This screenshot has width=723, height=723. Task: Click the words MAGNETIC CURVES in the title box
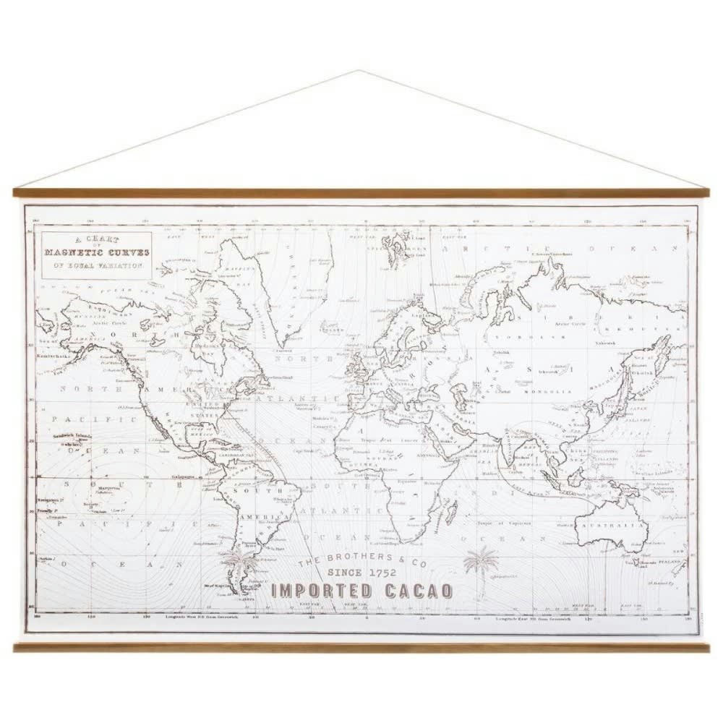(97, 252)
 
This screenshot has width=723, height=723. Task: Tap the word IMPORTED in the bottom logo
(321, 591)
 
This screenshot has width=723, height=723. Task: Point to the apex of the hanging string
(359, 71)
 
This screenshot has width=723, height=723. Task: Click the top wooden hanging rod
(361, 193)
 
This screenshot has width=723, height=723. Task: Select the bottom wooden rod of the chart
(361, 646)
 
